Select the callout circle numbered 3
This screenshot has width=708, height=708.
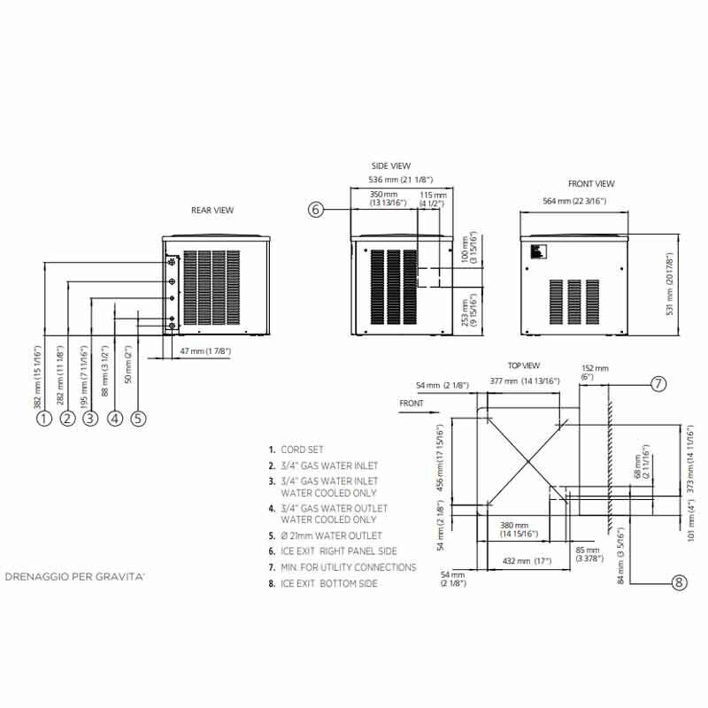coord(90,420)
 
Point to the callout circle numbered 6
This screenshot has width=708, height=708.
coord(317,210)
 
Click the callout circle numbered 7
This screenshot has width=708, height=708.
coord(658,384)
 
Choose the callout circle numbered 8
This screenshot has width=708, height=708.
coord(679,581)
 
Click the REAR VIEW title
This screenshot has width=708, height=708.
coord(212,211)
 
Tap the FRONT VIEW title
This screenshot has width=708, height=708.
coord(591,184)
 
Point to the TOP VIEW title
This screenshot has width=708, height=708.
coord(523,365)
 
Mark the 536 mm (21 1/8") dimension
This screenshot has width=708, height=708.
coord(404,181)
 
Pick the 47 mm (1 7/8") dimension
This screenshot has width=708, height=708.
coord(204,352)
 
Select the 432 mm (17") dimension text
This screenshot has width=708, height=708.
coord(527,561)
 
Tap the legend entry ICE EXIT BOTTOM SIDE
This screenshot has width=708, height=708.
coord(329,583)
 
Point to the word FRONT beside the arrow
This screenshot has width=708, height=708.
coord(412,404)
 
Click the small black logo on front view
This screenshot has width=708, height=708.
coord(535,253)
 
